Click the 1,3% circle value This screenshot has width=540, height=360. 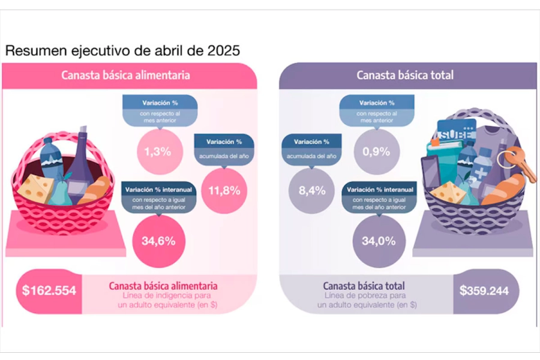(158, 151)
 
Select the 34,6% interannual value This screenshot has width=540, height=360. (158, 241)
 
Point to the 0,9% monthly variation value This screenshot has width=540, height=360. (376, 151)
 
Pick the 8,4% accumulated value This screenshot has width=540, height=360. (312, 191)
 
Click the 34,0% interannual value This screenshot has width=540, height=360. (378, 241)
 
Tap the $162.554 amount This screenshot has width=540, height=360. (49, 291)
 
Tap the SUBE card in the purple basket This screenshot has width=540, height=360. (456, 130)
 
